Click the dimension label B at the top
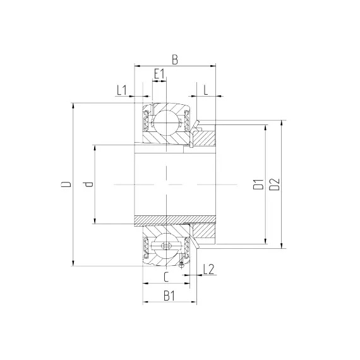(175, 60)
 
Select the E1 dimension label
(159, 74)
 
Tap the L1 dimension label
(122, 90)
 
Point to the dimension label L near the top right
(206, 90)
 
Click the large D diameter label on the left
(66, 184)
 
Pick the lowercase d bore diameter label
(88, 184)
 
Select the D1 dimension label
(258, 184)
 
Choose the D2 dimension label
(275, 184)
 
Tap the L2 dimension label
(208, 269)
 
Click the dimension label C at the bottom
(166, 277)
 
